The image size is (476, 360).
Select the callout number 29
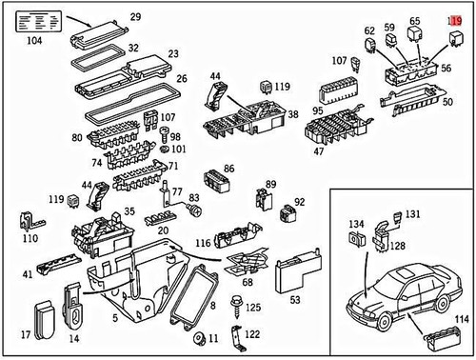[134, 17]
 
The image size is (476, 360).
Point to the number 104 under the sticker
[36, 42]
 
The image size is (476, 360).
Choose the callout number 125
[252, 310]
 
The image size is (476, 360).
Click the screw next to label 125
[232, 307]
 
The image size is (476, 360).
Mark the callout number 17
[25, 335]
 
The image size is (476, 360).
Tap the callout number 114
[460, 319]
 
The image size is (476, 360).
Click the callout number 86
[228, 168]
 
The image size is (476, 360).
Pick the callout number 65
[415, 20]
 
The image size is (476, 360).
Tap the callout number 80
[77, 138]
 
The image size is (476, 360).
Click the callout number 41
[28, 274]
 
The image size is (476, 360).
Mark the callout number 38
[293, 113]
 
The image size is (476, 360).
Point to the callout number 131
[412, 214]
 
